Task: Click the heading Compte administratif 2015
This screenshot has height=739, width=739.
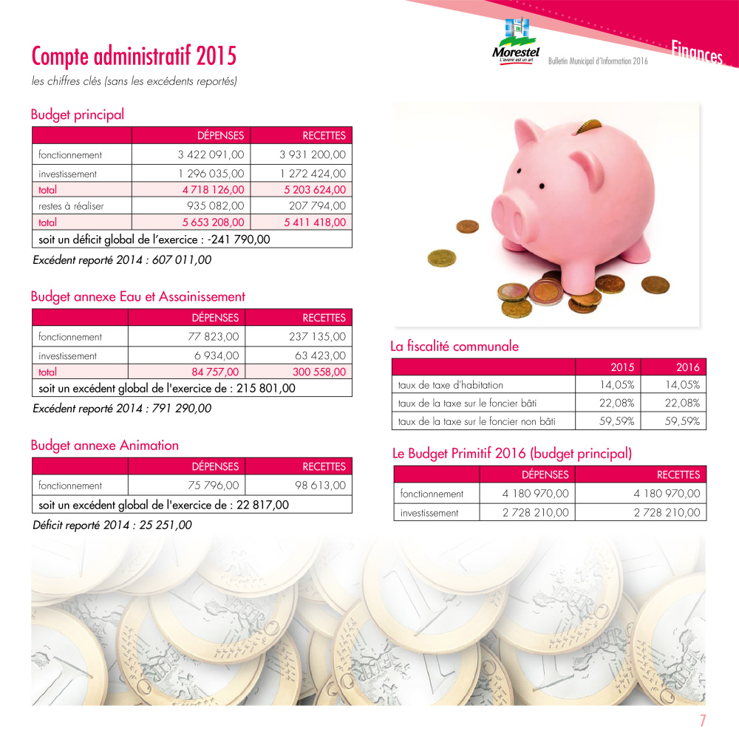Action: tap(134, 55)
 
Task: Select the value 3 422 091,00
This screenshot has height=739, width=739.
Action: tap(211, 155)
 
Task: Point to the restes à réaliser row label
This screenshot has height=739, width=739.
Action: tap(71, 206)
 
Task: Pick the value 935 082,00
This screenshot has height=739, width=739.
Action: tap(216, 206)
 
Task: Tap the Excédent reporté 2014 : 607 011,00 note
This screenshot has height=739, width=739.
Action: tap(123, 260)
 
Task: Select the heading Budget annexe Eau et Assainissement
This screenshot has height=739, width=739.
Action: tap(137, 296)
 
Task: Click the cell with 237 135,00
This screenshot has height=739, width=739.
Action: tap(317, 337)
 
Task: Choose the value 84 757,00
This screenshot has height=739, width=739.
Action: tap(215, 372)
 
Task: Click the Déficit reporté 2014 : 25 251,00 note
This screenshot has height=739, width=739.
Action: tap(112, 525)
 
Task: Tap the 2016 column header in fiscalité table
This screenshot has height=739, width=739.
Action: tap(687, 367)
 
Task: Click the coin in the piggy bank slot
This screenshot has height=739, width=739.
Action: tap(588, 128)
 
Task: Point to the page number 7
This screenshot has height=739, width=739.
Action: tap(704, 721)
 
